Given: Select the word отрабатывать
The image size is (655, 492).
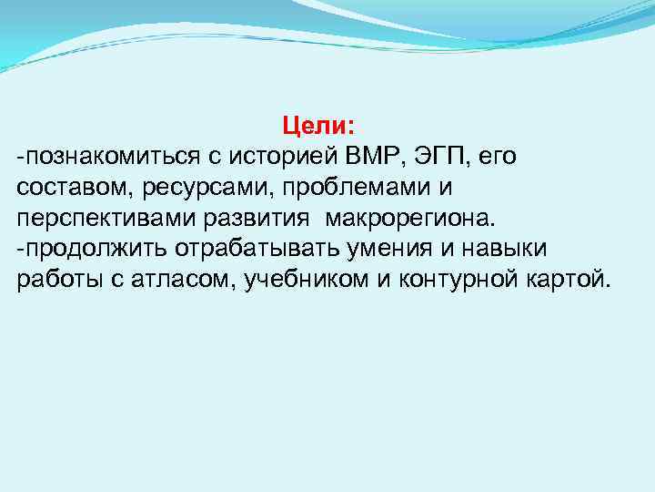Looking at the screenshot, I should point(213,249).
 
